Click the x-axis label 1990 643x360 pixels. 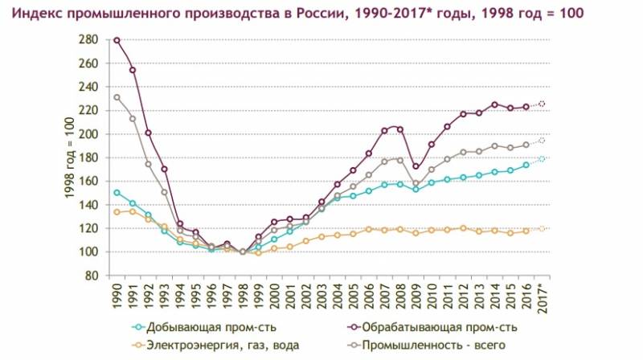[117, 298]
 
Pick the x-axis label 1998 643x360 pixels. [243, 298]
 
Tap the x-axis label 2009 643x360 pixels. [416, 298]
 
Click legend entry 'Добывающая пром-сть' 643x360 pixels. [199, 328]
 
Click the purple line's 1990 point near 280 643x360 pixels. [117, 40]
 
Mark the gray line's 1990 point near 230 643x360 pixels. [117, 97]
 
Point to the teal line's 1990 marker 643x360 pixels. [117, 193]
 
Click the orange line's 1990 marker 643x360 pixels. [117, 212]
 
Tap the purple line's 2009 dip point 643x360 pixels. [416, 167]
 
